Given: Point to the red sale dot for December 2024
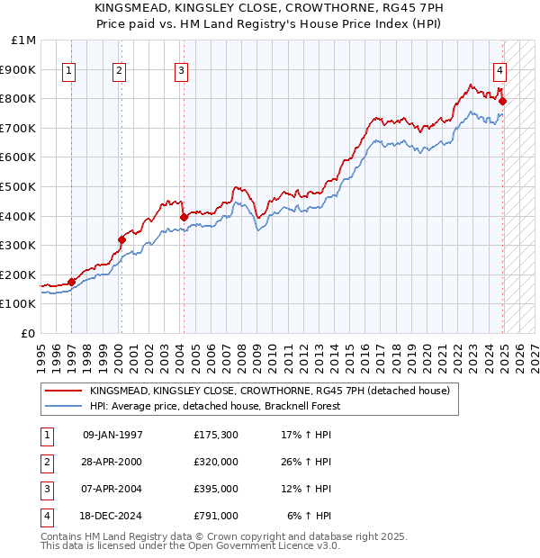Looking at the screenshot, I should tap(502, 101).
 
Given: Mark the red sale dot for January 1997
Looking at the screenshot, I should tap(71, 282).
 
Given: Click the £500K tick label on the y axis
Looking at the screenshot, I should tap(18, 186).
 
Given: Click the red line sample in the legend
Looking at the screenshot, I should tap(63, 391).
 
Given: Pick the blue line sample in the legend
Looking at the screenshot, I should tap(63, 406).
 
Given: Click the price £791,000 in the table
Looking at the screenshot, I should tap(216, 516).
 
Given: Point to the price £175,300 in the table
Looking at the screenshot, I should tap(216, 435).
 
